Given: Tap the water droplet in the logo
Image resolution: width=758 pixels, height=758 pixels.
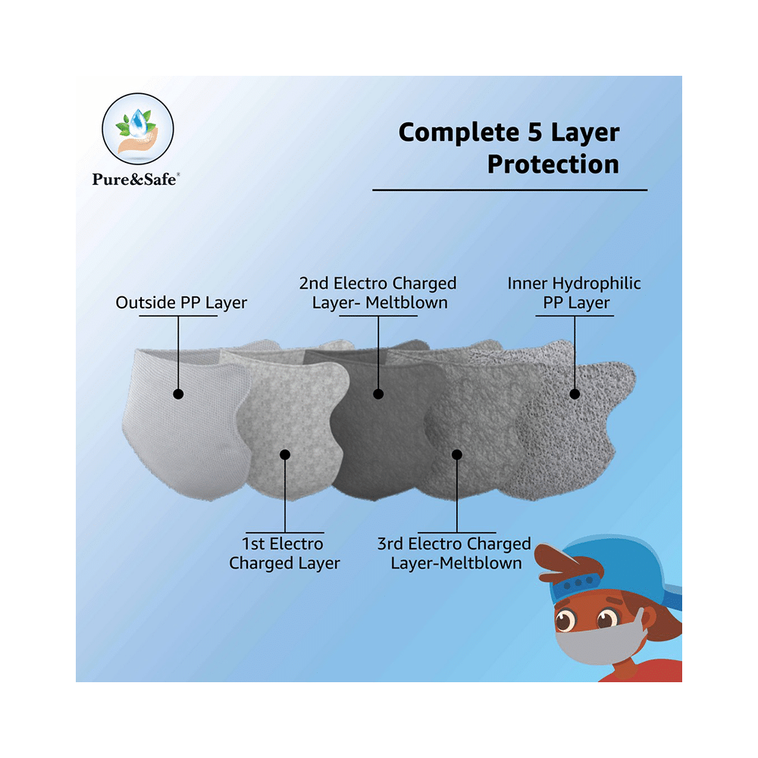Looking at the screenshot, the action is tap(138, 121).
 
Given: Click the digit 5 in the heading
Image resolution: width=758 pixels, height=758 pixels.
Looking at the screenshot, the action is tap(534, 132).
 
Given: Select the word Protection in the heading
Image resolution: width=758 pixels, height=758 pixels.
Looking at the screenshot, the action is tap(553, 164).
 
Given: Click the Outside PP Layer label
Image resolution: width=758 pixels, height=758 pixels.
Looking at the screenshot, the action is tap(181, 302).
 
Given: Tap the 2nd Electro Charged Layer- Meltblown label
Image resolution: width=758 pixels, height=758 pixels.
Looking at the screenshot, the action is tap(378, 293).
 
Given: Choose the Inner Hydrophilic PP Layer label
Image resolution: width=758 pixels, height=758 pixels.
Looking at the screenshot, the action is tap(575, 293).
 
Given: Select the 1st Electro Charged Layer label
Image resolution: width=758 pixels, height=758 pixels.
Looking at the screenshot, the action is tap(284, 553).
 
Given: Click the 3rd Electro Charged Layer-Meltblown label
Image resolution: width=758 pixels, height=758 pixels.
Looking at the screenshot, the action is tap(454, 553).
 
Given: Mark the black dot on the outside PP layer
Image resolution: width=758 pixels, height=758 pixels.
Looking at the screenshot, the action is tap(178, 394).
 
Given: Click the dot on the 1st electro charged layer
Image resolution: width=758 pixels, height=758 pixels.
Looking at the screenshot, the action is tap(285, 454).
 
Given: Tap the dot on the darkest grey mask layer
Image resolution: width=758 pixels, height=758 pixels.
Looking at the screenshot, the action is tap(378, 394).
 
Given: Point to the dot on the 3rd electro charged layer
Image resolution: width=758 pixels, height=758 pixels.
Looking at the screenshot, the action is tap(457, 454).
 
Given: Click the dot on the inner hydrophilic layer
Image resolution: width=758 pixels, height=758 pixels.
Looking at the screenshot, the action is tap(575, 394).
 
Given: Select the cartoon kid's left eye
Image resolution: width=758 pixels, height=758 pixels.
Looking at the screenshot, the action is tap(564, 621).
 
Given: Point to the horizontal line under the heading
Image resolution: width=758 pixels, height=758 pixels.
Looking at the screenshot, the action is tap(509, 190).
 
